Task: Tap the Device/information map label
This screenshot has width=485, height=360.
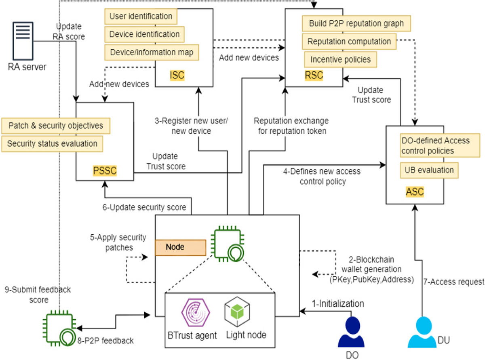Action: click(x=151, y=53)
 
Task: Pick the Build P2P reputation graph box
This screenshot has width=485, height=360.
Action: click(x=356, y=23)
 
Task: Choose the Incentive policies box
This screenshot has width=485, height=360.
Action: click(x=340, y=59)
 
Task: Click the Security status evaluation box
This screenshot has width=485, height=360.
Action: click(x=52, y=143)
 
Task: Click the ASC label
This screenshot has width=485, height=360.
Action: click(x=415, y=192)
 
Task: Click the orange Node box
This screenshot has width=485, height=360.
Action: click(x=180, y=247)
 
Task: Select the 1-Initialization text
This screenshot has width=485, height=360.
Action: click(x=338, y=303)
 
